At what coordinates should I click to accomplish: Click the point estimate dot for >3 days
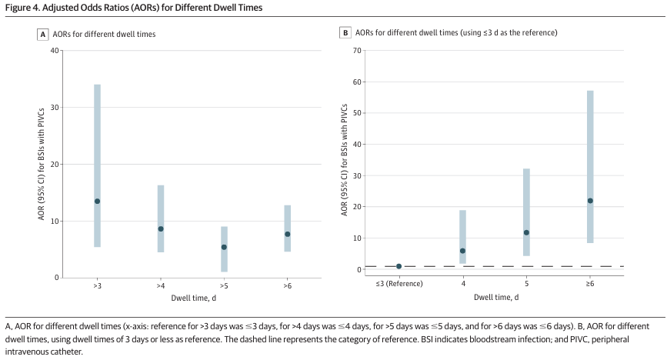pos(97,202)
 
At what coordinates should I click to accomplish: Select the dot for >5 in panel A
pos(224,247)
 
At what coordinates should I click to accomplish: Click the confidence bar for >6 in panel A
pos(288,228)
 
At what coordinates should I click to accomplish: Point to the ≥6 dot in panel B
pos(590,201)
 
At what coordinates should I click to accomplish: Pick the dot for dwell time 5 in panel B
pos(526,232)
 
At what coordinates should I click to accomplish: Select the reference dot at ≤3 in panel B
pos(399,266)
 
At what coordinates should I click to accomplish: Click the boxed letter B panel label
pos(345,33)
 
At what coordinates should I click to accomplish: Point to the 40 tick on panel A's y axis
pos(54,51)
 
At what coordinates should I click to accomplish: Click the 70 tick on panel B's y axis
pos(356,51)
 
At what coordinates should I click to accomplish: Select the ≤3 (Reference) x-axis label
pos(399,284)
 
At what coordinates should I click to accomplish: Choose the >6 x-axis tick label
pos(288,285)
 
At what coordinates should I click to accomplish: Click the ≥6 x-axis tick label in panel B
pos(590,284)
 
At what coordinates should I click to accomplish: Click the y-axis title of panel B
pos(344,160)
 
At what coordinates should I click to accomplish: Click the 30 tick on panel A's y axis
pos(54,108)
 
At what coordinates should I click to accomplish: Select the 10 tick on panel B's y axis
pos(356,238)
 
